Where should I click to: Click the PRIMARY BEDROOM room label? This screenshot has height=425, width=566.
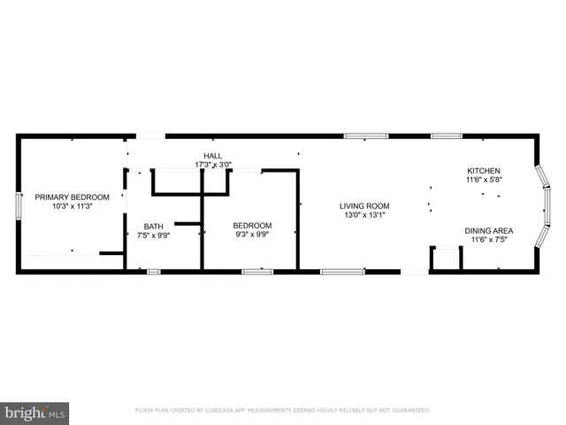[x=73, y=197]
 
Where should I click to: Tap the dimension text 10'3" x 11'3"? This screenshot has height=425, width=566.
[x=73, y=206]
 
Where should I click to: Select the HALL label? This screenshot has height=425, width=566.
[x=212, y=155]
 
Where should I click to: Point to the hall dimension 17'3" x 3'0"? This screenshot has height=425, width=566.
[x=212, y=165]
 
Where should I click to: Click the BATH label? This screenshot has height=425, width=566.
[x=154, y=225]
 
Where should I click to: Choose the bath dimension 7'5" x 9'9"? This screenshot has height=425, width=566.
[x=154, y=236]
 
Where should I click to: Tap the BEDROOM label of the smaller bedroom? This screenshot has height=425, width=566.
[x=252, y=225]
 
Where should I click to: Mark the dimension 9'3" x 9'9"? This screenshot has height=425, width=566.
[x=252, y=236]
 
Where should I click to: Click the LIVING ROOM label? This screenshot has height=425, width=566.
[x=364, y=206]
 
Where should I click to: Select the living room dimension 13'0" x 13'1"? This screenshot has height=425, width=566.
[x=364, y=216]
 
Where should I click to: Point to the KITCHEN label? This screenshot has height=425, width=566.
[x=484, y=170]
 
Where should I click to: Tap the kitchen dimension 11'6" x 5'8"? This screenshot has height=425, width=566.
[x=484, y=180]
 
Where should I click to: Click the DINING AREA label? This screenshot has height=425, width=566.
[x=488, y=230]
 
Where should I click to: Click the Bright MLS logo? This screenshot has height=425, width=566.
[x=34, y=412]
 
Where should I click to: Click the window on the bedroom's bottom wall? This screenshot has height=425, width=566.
[x=257, y=272]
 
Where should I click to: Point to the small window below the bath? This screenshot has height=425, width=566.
[x=154, y=272]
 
